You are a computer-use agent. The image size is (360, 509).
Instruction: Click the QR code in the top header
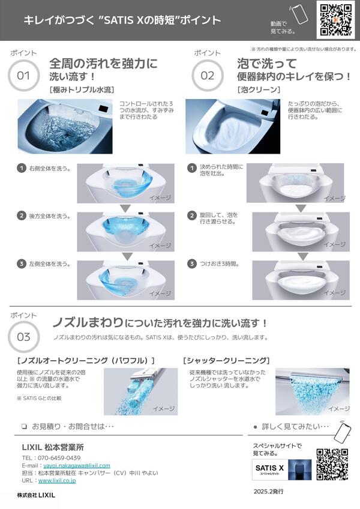click(x=335, y=19)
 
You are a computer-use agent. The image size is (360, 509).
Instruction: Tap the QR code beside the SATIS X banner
click(x=332, y=464)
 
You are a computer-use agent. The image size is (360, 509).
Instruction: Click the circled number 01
click(x=23, y=76)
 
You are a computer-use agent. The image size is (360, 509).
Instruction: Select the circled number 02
click(x=208, y=76)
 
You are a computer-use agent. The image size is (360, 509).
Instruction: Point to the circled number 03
click(x=23, y=337)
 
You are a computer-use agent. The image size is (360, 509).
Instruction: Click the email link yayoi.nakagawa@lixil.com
click(x=77, y=466)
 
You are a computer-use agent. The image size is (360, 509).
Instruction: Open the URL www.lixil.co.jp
click(x=57, y=480)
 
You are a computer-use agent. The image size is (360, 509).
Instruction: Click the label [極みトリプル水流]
click(x=82, y=89)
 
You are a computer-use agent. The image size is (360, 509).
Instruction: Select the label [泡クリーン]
click(x=259, y=89)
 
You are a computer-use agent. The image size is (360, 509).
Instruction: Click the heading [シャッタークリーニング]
click(x=226, y=360)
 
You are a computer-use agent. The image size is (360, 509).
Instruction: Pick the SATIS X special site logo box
click(x=269, y=469)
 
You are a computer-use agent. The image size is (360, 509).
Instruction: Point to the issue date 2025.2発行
click(x=268, y=492)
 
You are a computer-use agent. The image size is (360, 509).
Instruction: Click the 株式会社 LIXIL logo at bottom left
click(x=36, y=495)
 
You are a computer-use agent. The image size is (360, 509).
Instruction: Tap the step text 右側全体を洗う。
click(x=50, y=169)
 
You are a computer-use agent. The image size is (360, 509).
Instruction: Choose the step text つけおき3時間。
click(x=220, y=264)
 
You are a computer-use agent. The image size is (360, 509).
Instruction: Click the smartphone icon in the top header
click(x=299, y=14)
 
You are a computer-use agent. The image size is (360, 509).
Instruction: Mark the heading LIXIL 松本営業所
click(x=53, y=447)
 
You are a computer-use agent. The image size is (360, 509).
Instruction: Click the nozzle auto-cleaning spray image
click(x=140, y=391)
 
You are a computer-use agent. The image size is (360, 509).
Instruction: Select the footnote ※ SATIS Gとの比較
click(x=39, y=398)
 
